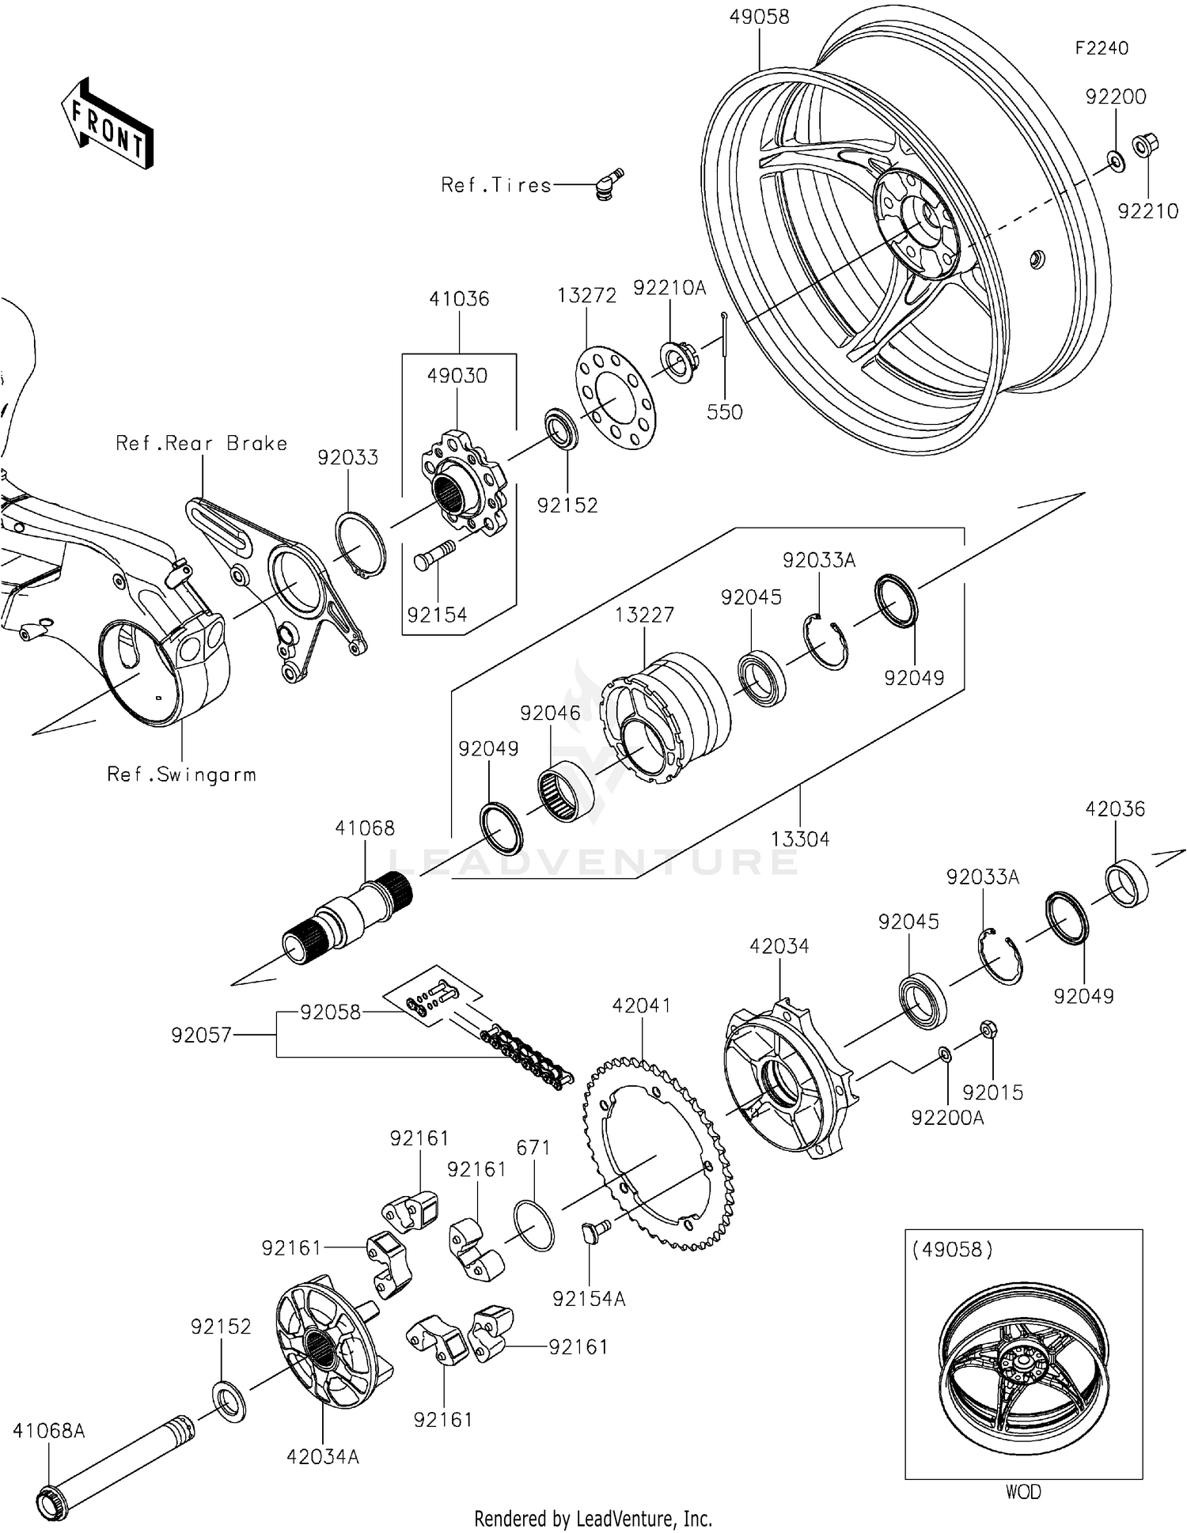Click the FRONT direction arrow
point(108,124)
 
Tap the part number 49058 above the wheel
point(759,17)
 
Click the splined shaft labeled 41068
point(348,918)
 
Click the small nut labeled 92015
point(988,1030)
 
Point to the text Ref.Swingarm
point(182,774)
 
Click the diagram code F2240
point(1102,48)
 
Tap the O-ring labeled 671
point(534,1225)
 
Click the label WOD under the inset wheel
point(1023,1492)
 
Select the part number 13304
point(800,838)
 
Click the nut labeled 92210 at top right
point(1144,146)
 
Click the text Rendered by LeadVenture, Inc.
point(593,1519)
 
